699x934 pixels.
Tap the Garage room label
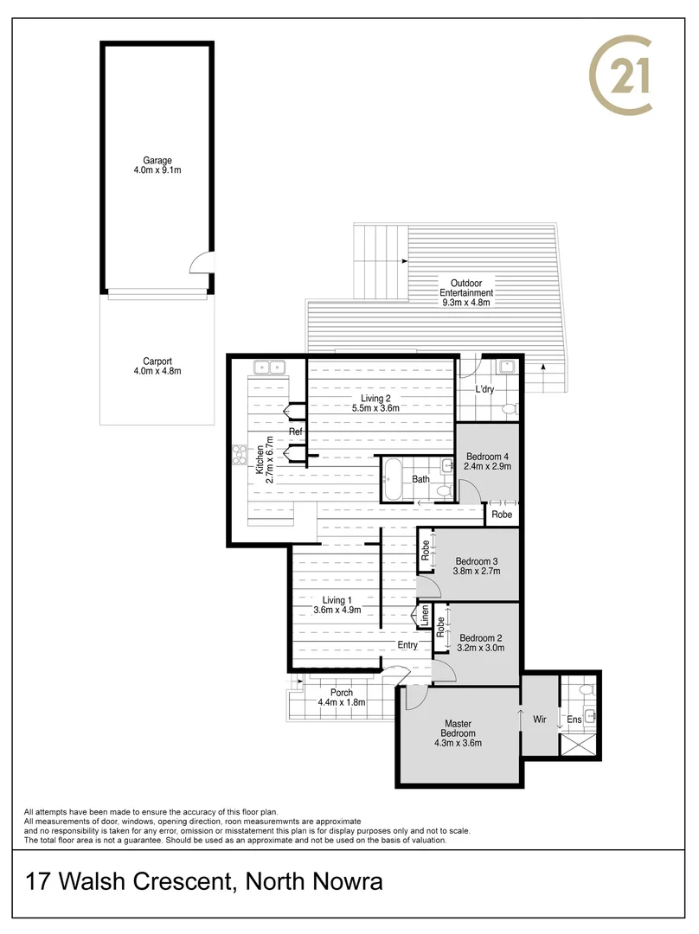(158, 161)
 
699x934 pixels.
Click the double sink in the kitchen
(269, 368)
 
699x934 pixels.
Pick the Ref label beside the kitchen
(296, 432)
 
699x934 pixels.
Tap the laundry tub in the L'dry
(507, 367)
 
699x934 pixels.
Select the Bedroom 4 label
(489, 457)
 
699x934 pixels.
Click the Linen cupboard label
(425, 616)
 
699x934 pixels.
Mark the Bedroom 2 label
(481, 638)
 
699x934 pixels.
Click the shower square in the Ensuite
(580, 745)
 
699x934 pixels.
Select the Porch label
(343, 693)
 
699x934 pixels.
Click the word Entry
(407, 645)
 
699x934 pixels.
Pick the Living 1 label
(337, 600)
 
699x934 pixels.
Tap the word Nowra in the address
(343, 883)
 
